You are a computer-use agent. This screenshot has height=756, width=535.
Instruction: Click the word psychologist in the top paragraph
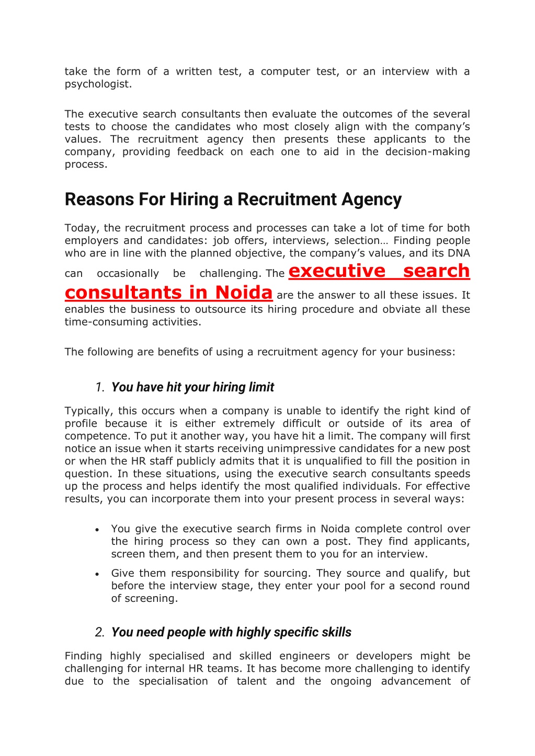point(97,84)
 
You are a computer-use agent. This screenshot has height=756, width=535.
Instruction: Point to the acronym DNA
point(459,253)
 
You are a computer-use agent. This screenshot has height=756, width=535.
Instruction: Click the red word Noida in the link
point(244,293)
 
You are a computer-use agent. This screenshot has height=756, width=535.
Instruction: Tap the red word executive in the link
point(337,271)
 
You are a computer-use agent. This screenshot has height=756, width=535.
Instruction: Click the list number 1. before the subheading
point(100,387)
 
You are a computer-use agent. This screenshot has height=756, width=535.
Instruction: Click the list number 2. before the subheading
point(100,632)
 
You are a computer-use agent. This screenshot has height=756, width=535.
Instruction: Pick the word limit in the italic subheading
point(261,387)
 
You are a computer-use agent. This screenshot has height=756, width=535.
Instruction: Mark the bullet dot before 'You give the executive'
point(97,530)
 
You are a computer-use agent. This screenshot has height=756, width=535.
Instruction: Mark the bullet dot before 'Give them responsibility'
point(97,574)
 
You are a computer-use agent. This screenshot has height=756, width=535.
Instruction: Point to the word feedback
point(200,152)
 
